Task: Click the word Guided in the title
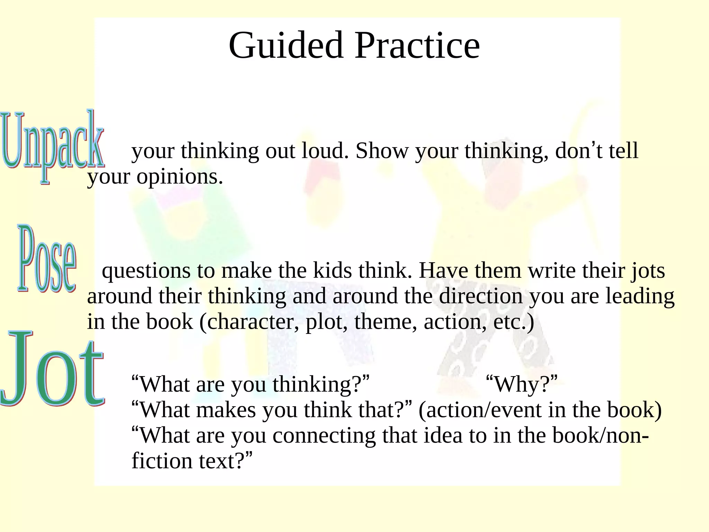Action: pos(286,46)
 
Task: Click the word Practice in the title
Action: pos(417,46)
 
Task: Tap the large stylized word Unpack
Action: pos(52,145)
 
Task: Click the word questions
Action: pos(146,271)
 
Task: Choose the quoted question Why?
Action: pos(522,384)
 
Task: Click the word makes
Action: pos(226,410)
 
